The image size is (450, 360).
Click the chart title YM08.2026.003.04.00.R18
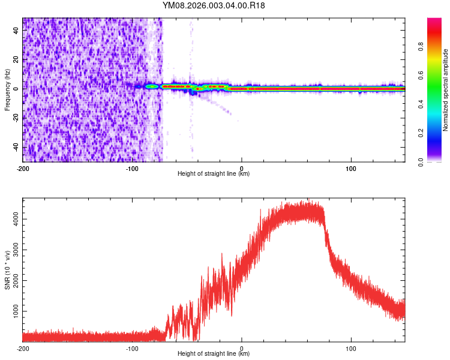coord(214,5)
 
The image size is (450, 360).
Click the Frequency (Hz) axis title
coord(7,90)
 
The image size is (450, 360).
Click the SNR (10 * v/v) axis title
coord(7,270)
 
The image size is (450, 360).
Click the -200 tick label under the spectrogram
coord(23,167)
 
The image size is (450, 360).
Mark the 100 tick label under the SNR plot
coord(351,347)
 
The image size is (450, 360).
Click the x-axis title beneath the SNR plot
coord(214,353)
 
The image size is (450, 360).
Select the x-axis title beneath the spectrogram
coord(214,173)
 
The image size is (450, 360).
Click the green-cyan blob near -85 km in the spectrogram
coord(152,87)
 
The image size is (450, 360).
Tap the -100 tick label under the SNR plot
coord(132,347)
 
